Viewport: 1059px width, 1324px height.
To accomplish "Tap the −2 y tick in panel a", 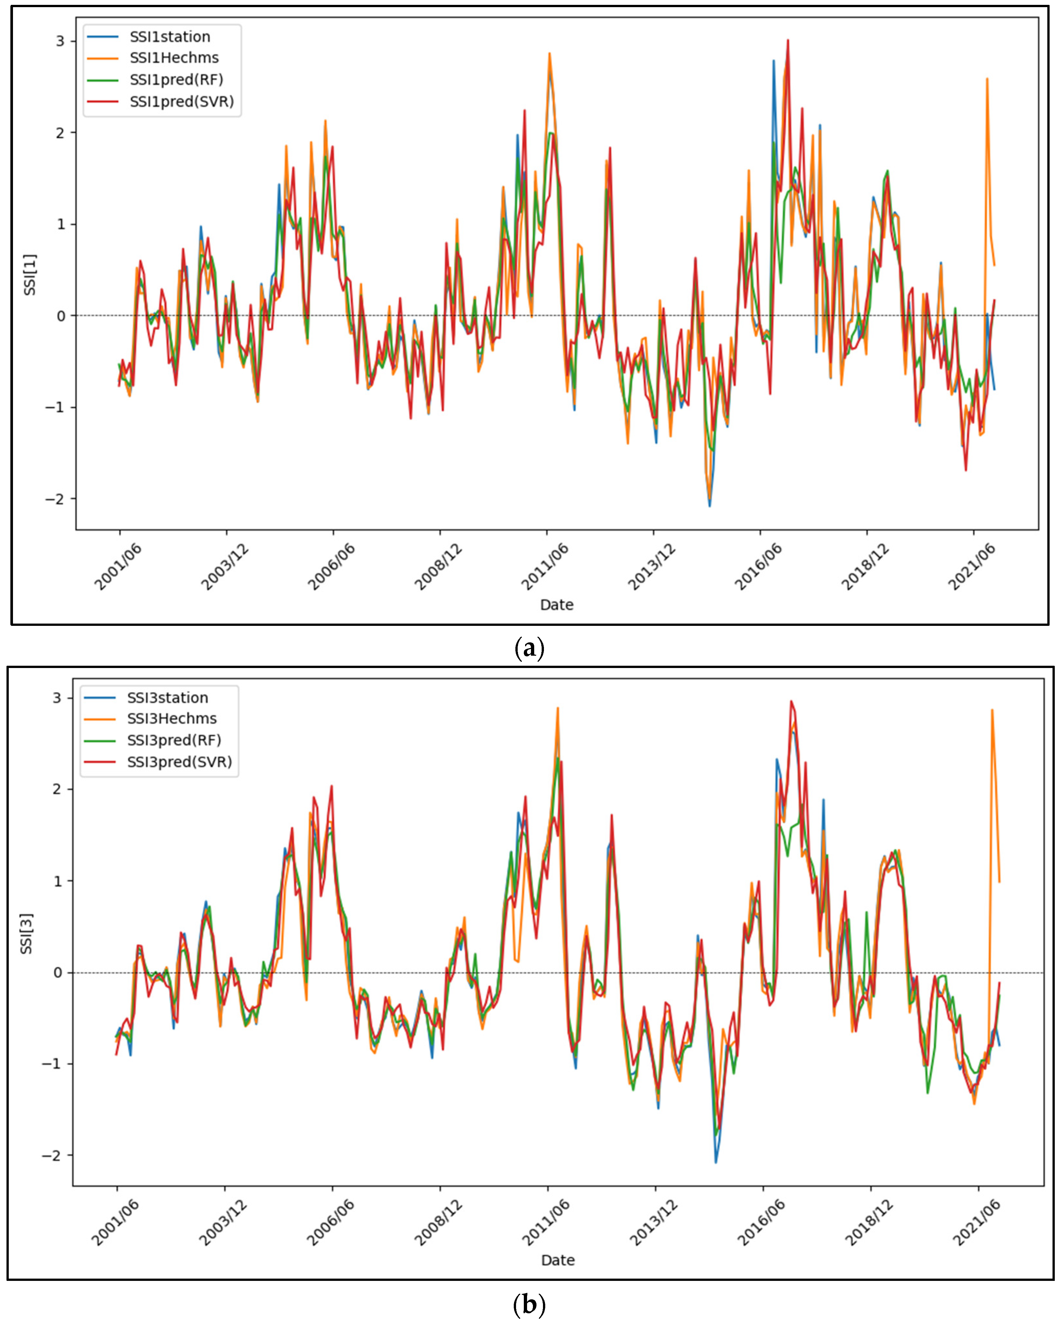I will (x=55, y=499).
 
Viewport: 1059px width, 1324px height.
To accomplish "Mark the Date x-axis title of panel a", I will (x=557, y=605).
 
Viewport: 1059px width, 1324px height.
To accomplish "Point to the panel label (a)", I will (x=529, y=648).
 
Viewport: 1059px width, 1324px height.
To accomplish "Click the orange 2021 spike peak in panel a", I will (x=987, y=78).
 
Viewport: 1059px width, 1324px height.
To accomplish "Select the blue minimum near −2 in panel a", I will (x=709, y=506).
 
